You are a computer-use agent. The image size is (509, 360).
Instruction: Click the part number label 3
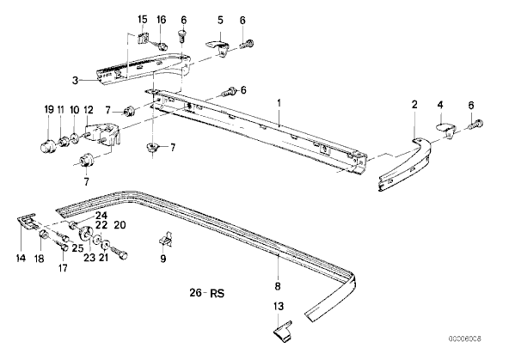(x=76, y=80)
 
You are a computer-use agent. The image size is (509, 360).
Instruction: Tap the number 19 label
(x=49, y=110)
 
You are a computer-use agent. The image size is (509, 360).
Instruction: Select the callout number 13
(x=279, y=306)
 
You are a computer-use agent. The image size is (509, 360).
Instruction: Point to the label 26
(x=196, y=293)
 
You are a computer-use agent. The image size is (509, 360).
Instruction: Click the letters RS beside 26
(x=218, y=293)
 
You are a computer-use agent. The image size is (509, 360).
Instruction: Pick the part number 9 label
(x=163, y=259)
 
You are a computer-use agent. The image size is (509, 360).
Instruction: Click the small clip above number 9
(x=166, y=239)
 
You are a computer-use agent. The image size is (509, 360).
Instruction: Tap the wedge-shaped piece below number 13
(x=282, y=331)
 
